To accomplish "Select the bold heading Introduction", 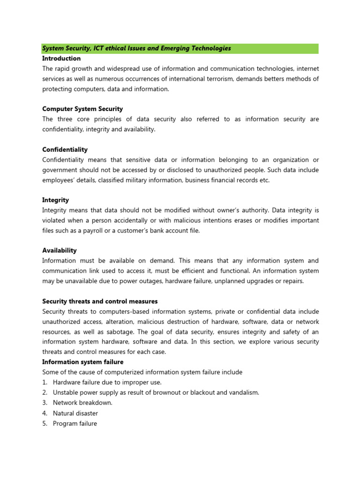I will coord(61,59).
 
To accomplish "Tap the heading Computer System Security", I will coord(82,109).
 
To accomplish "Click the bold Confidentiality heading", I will coord(65,150).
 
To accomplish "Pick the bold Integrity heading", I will coord(55,200).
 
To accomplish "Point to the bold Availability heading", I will coord(60,250).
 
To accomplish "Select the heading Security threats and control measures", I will coord(100,301).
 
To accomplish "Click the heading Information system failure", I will coord(83,362).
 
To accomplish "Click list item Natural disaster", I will coord(75,413).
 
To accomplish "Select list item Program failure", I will coord(75,423).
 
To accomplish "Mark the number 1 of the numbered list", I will coord(45,382).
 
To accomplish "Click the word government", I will coord(62,170).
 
